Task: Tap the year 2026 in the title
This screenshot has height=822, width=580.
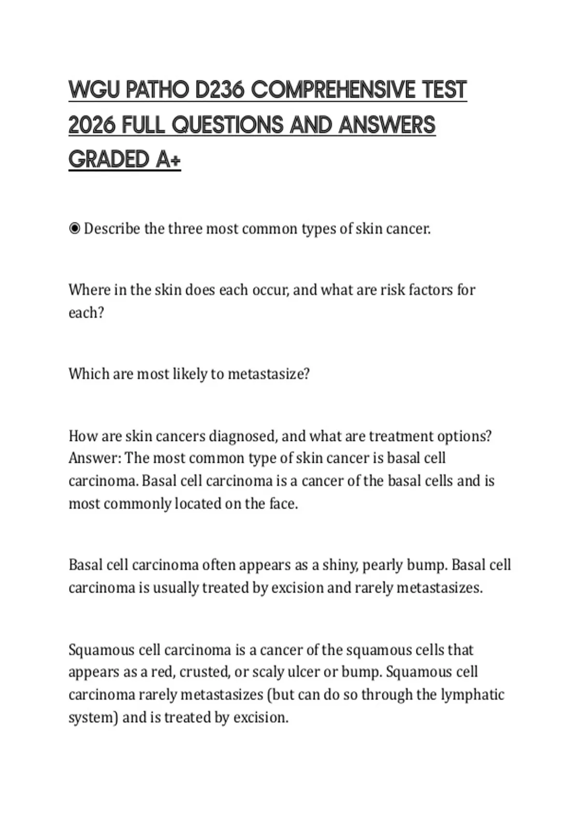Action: (x=92, y=125)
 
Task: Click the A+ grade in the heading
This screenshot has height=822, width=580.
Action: (x=168, y=160)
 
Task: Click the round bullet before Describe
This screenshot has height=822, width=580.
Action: (x=74, y=228)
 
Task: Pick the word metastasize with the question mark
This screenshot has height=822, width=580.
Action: (x=268, y=374)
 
